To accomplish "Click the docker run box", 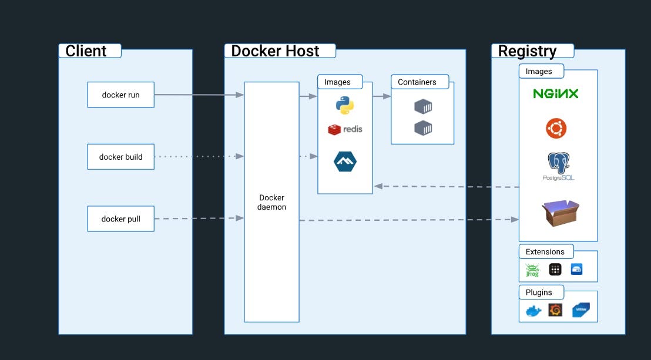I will pyautogui.click(x=121, y=95).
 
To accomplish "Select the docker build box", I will pyautogui.click(x=121, y=157).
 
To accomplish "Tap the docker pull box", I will pyautogui.click(x=121, y=218).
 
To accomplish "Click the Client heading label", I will pyautogui.click(x=86, y=51).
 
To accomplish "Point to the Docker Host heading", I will pyautogui.click(x=275, y=51).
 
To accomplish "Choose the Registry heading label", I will pyautogui.click(x=527, y=51).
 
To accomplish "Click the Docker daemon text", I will pyautogui.click(x=271, y=203).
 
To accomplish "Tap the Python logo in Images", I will pyautogui.click(x=345, y=105).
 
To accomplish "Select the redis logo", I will pyautogui.click(x=345, y=129).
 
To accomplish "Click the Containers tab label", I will pyautogui.click(x=417, y=82).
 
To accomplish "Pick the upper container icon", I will pyautogui.click(x=423, y=107).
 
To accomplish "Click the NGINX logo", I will pyautogui.click(x=556, y=93).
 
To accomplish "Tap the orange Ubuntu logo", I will pyautogui.click(x=556, y=128).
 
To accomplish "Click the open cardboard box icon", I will pyautogui.click(x=560, y=212).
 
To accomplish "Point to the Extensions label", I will pyautogui.click(x=545, y=252).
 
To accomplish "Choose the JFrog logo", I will pyautogui.click(x=532, y=270).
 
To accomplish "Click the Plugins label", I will pyautogui.click(x=539, y=292).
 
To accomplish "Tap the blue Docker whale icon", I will pyautogui.click(x=533, y=311).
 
